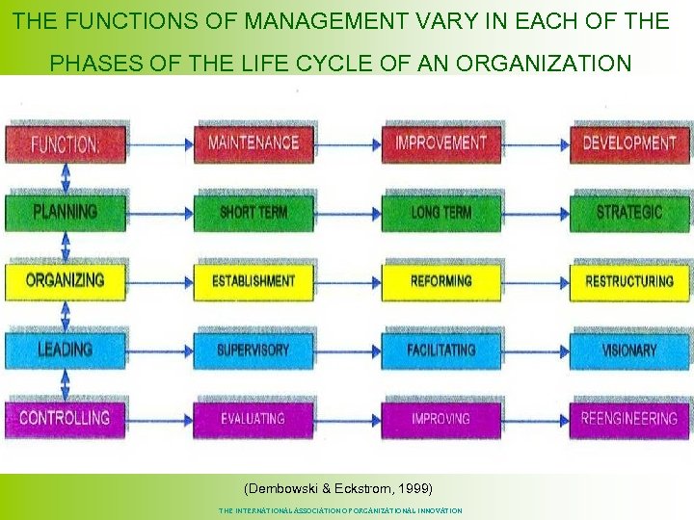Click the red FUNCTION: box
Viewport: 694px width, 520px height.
coord(66,143)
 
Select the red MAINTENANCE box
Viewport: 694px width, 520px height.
coord(254,143)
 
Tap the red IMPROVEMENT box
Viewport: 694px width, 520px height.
coord(441,143)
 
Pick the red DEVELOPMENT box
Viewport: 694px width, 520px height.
coord(629,143)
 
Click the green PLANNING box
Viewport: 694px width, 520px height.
coord(66,212)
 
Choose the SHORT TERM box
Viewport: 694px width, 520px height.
coord(254,212)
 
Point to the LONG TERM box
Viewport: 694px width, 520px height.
coord(441,212)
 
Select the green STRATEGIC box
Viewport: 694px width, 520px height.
coord(629,212)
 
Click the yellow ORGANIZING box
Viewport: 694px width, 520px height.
coord(66,280)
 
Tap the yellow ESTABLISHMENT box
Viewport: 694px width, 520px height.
coord(254,280)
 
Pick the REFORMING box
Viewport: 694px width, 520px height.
coord(441,280)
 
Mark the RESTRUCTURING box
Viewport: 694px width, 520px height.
coord(629,280)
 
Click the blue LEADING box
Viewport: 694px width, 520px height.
coord(66,350)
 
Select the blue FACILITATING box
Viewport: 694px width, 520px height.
coord(441,350)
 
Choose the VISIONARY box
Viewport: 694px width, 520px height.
coord(629,350)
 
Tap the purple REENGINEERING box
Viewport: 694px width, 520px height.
coord(629,418)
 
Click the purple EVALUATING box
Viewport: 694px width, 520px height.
coord(254,418)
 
